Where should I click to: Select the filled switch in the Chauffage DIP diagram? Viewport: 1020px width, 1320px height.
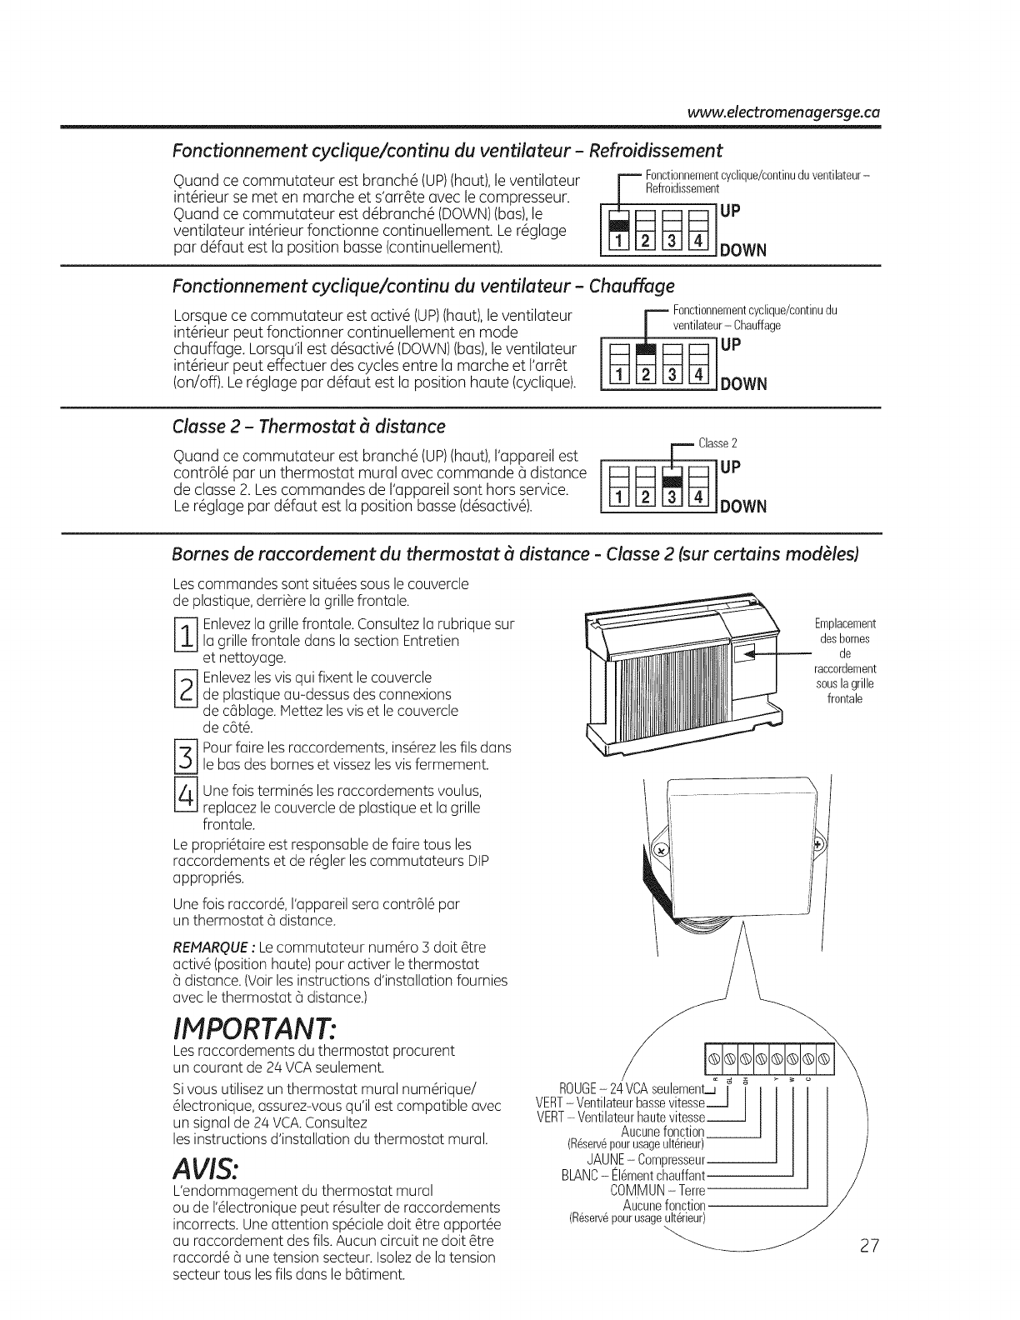pyautogui.click(x=642, y=352)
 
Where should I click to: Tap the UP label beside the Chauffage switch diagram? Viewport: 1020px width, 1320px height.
pyautogui.click(x=731, y=345)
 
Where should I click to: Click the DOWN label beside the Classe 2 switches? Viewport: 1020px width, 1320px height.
pyautogui.click(x=743, y=507)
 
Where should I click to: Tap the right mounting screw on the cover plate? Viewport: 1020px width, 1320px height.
pyautogui.click(x=817, y=843)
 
